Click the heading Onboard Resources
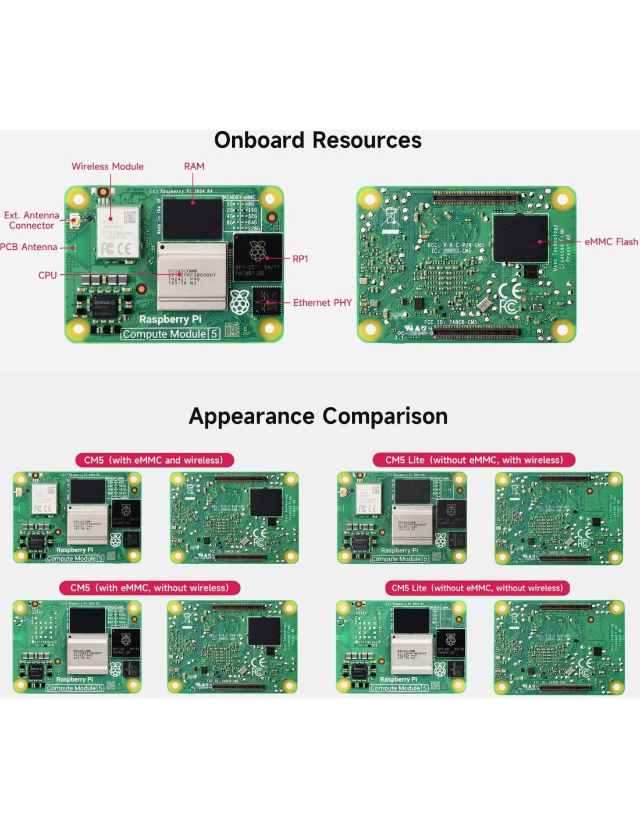(x=318, y=140)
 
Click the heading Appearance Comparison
(x=318, y=416)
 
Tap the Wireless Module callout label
(x=108, y=167)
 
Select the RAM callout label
(x=194, y=167)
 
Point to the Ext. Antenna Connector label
(x=31, y=220)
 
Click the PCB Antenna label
(x=29, y=247)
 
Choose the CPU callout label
(x=48, y=275)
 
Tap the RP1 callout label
(x=300, y=259)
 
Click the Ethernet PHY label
(x=322, y=303)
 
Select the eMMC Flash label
(x=611, y=242)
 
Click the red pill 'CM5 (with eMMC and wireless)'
(x=154, y=460)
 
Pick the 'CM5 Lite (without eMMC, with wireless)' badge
(x=474, y=460)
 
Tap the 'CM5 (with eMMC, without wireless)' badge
(x=150, y=588)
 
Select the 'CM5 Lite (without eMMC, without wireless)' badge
(x=477, y=588)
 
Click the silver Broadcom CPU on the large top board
(x=192, y=277)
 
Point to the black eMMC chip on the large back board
(x=521, y=239)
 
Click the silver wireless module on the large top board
(x=118, y=232)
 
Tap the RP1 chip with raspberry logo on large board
(x=258, y=256)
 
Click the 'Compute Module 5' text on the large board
(x=170, y=334)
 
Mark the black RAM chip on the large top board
(x=193, y=218)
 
